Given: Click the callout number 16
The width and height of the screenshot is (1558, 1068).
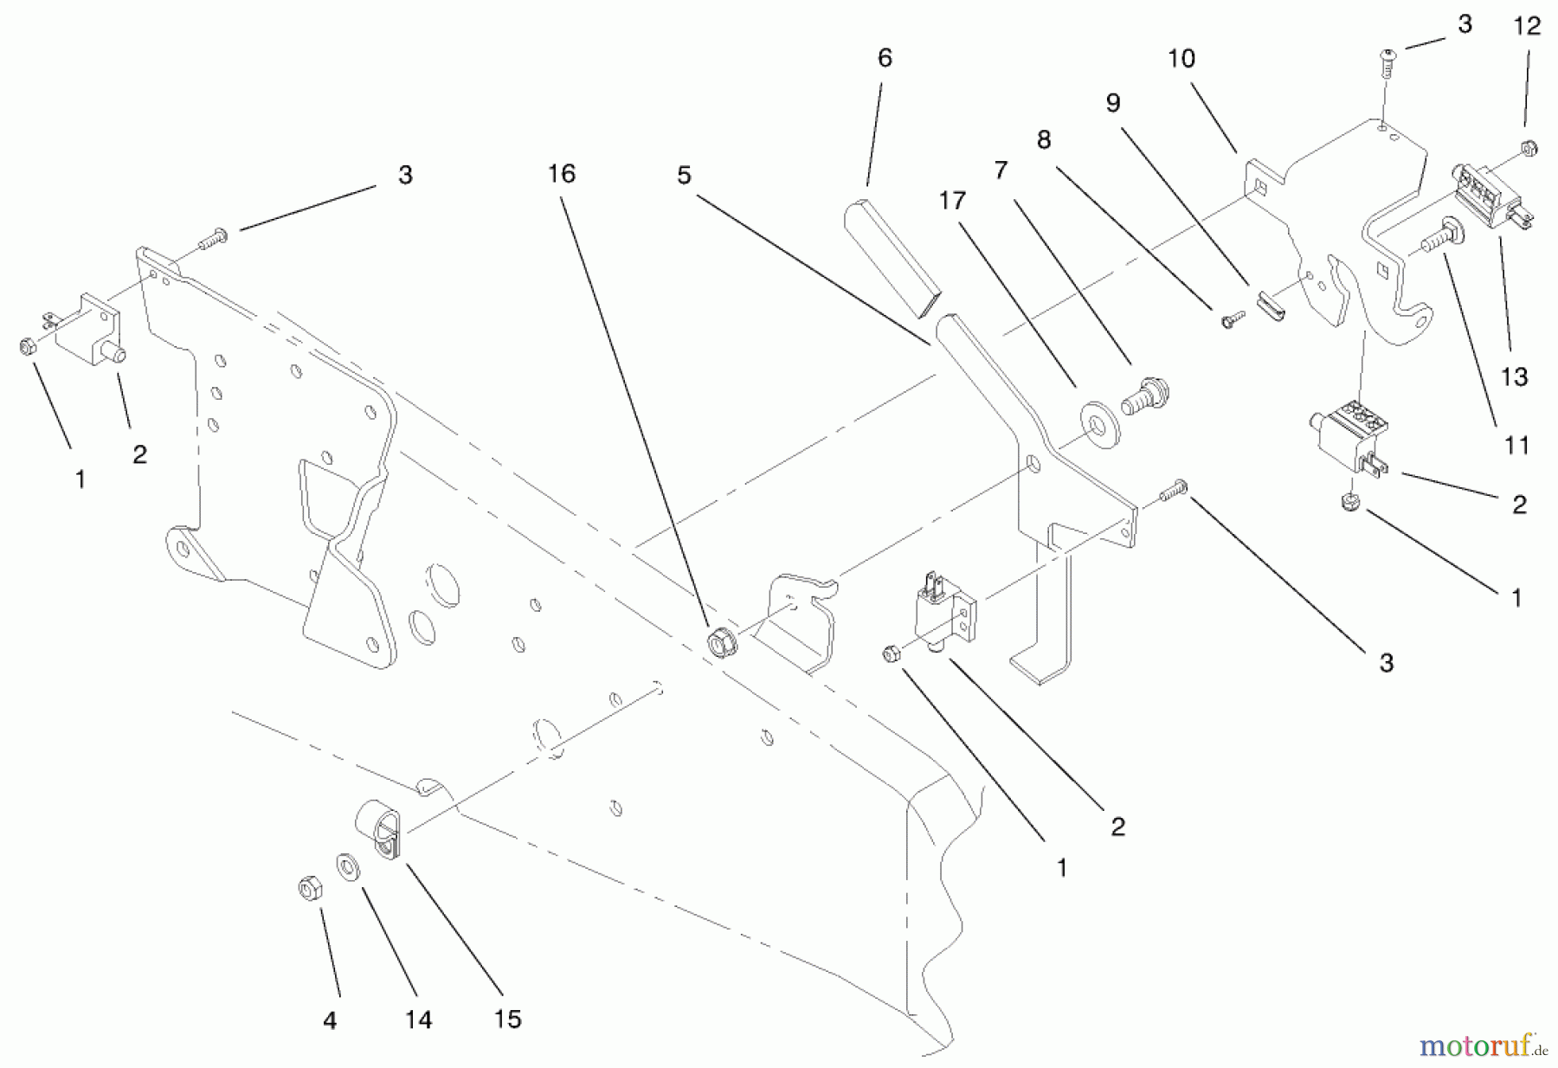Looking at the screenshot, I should (561, 174).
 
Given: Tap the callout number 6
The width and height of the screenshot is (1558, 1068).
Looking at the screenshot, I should (884, 58).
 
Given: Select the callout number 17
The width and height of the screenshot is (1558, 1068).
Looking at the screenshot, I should (951, 201).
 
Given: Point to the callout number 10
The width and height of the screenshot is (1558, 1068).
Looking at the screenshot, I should (1181, 59).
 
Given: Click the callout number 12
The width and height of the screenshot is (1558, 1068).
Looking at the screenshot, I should (1527, 27).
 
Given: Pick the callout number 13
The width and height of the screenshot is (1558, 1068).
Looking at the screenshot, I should (1514, 376).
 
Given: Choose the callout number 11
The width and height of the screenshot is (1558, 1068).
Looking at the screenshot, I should (1516, 445).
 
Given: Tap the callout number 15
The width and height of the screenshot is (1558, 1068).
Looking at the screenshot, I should (507, 1019).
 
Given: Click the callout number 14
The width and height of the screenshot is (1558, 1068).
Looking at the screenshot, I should (418, 1020).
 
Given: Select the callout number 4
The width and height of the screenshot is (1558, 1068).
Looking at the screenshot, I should (330, 1021).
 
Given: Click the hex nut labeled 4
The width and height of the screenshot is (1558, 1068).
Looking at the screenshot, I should (308, 889).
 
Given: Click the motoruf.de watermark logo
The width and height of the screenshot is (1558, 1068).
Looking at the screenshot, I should (1482, 1046).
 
